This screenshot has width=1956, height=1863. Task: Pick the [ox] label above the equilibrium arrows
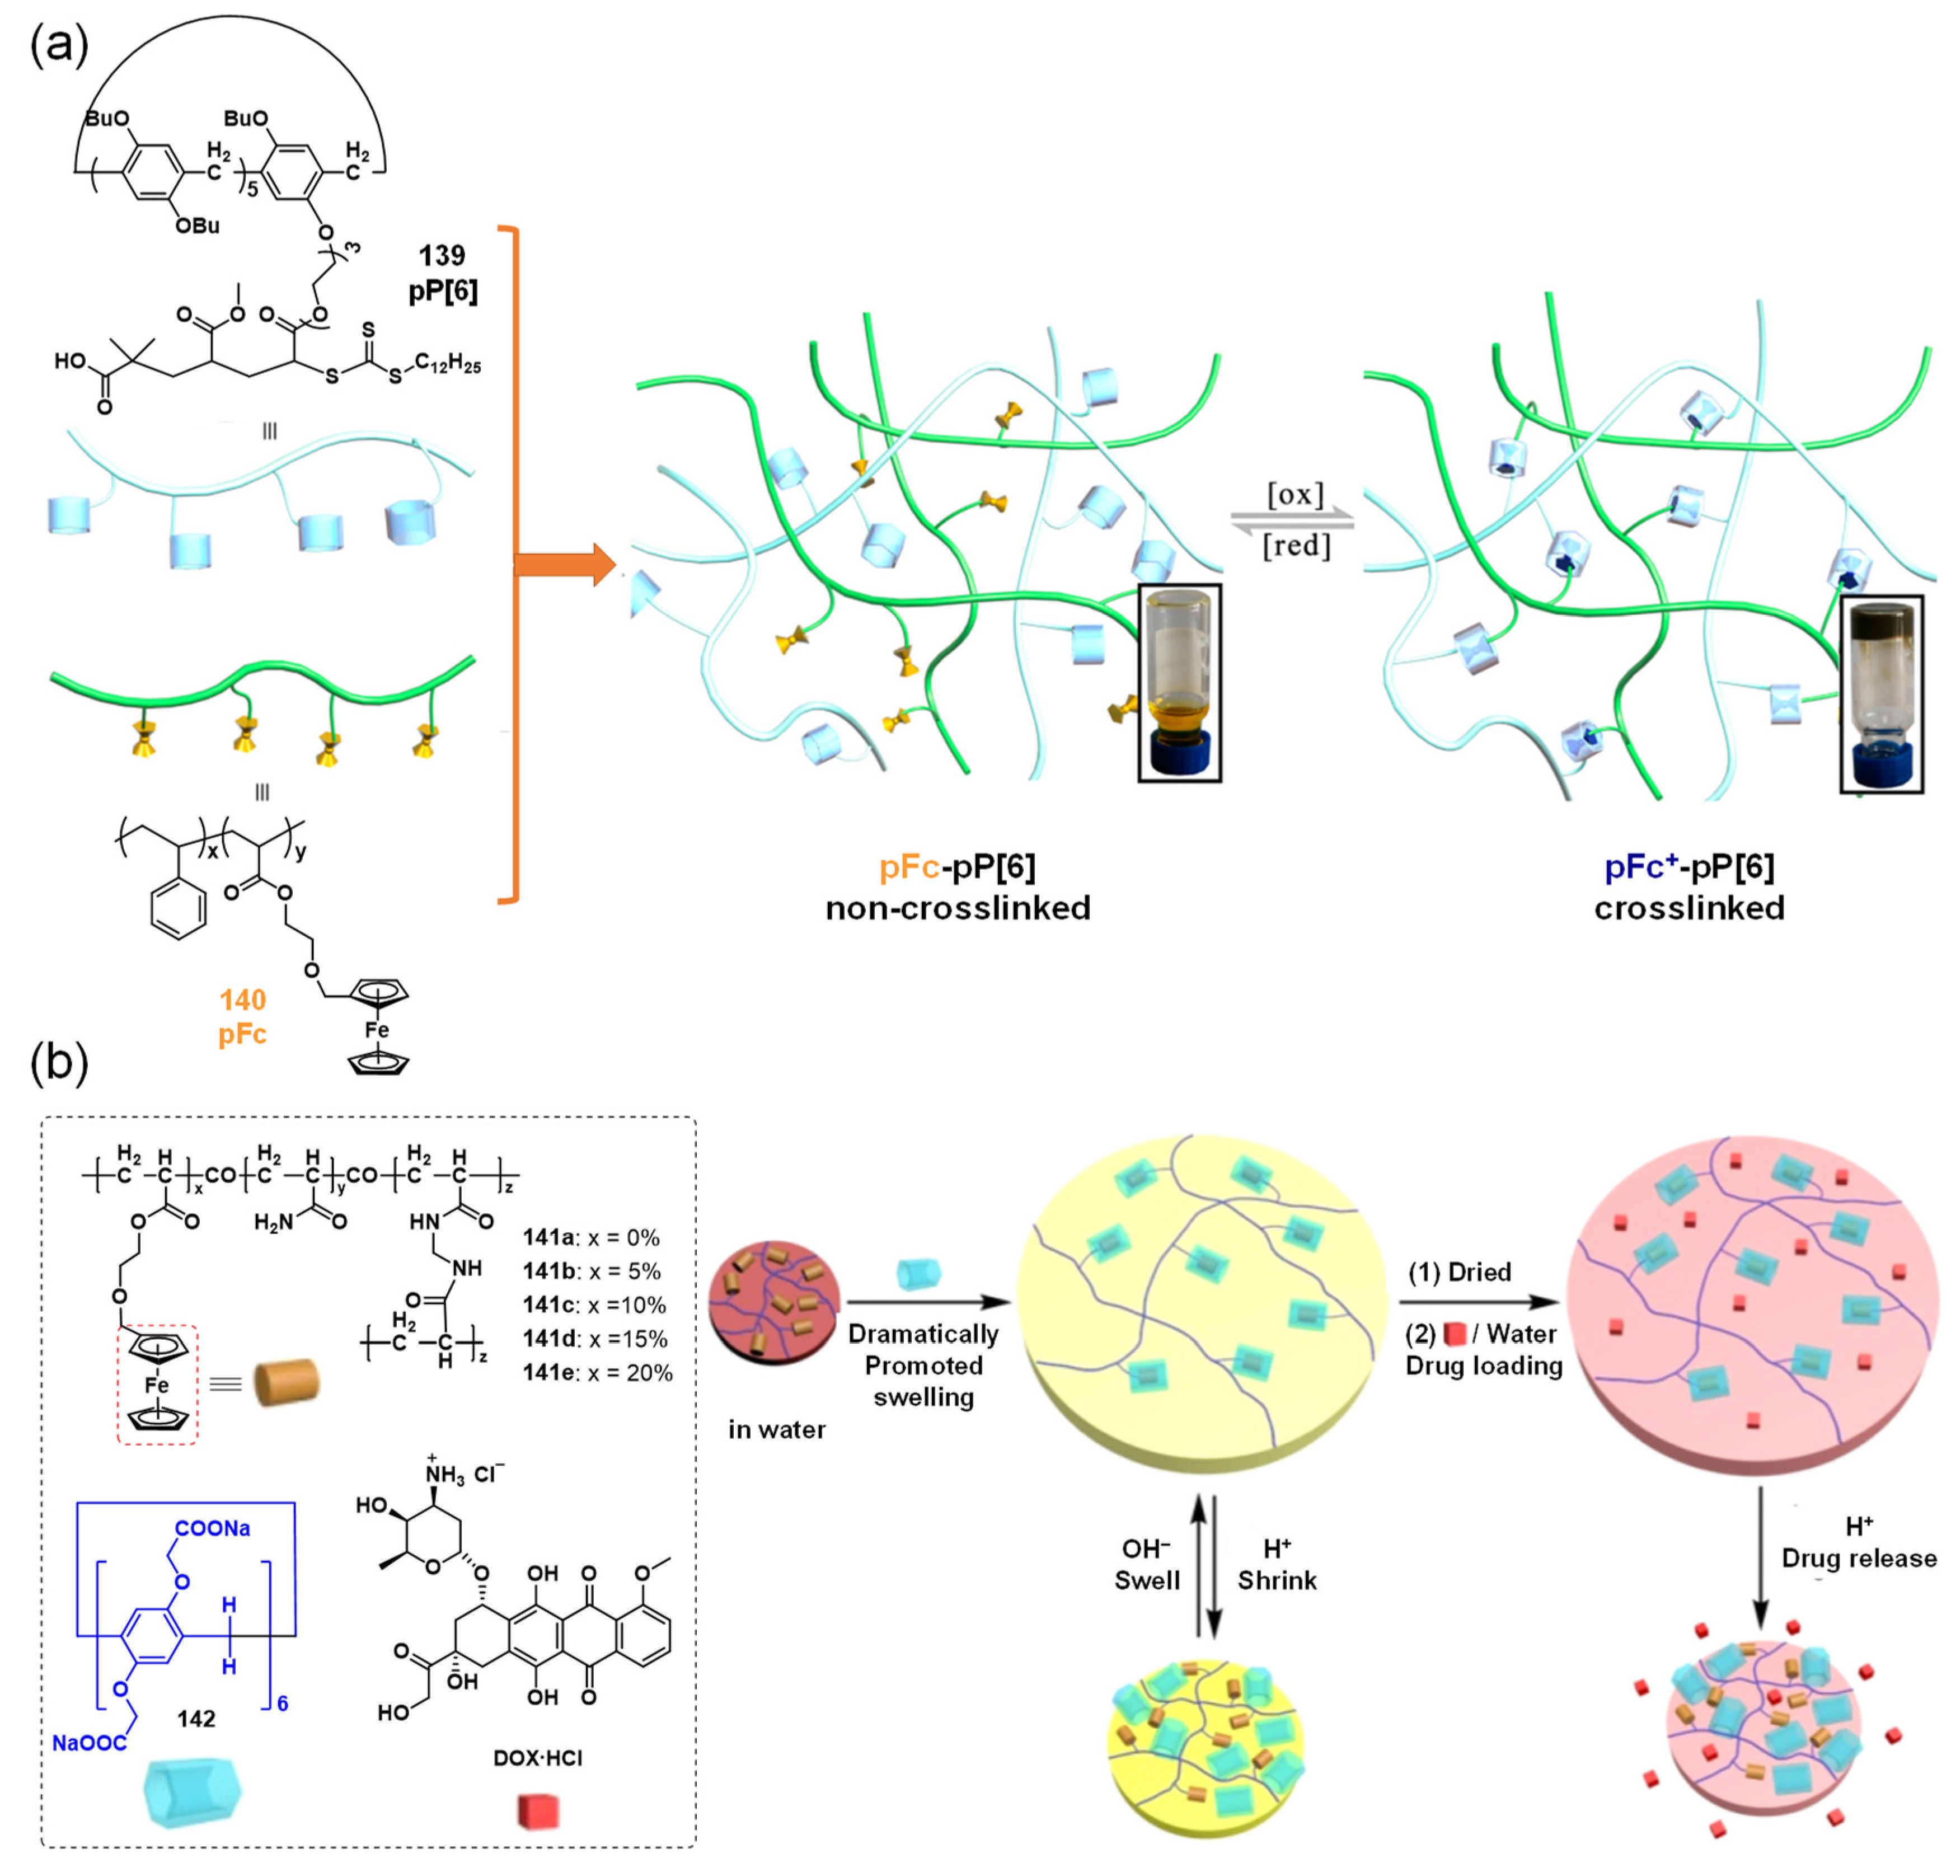pyautogui.click(x=1294, y=494)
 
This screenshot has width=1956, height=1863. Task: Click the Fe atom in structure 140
pyautogui.click(x=376, y=1030)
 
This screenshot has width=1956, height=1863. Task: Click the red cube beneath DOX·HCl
pyautogui.click(x=538, y=1812)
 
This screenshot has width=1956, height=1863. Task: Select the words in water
pyautogui.click(x=776, y=1429)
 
